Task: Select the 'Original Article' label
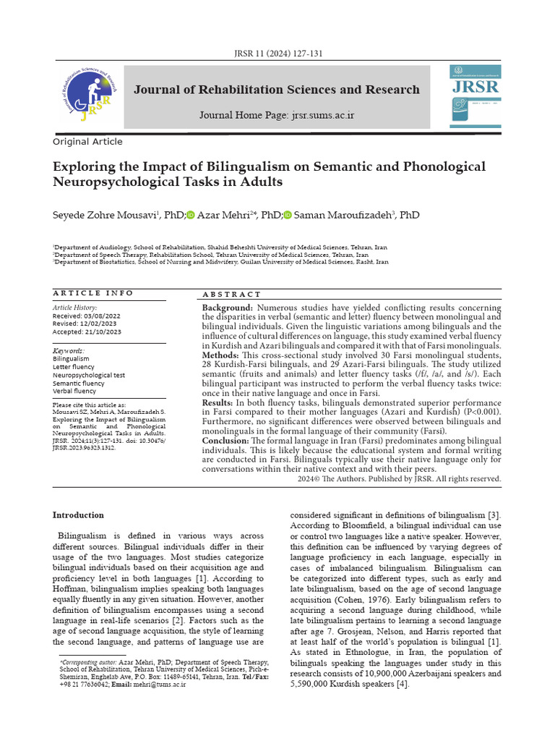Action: click(87, 142)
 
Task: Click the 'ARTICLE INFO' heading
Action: click(93, 293)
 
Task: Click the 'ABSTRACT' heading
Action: click(232, 295)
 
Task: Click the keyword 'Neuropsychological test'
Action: click(89, 376)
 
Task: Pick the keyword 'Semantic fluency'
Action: click(79, 384)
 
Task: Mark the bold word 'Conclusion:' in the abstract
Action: click(225, 441)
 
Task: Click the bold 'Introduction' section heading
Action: click(78, 515)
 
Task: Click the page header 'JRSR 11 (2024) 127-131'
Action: click(277, 54)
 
